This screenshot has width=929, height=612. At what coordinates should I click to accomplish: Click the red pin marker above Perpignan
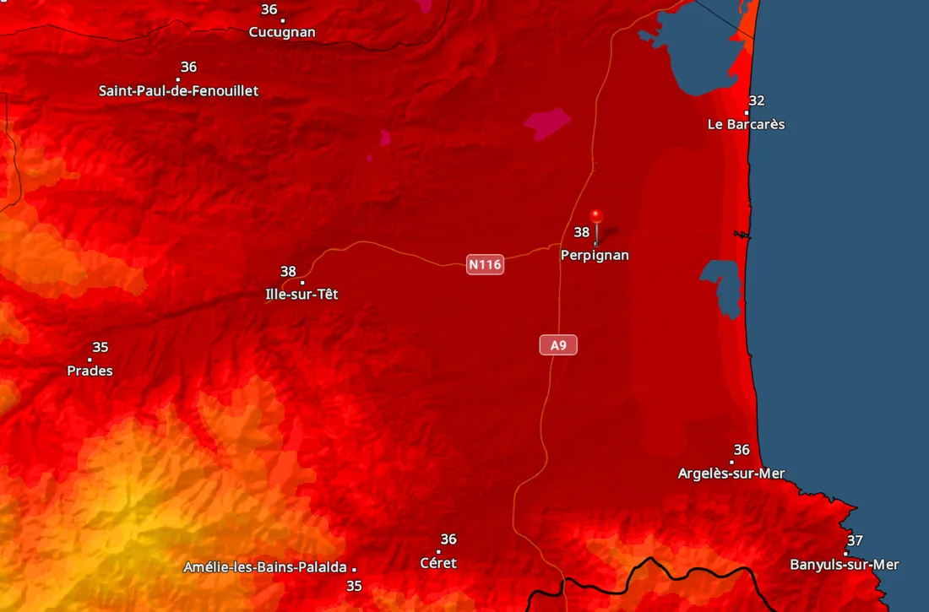coord(596,216)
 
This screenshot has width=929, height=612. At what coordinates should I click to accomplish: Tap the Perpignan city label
coord(595,255)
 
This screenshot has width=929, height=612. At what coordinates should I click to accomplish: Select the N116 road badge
coord(485,265)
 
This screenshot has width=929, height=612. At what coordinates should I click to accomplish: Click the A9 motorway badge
coord(558,344)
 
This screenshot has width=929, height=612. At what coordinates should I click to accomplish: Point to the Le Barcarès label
coord(746,124)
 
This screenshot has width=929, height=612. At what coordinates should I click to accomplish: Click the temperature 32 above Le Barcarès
coord(757,101)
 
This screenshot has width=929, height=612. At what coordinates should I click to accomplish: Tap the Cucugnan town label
coord(282,32)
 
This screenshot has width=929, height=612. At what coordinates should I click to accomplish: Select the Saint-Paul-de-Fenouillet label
coord(179,90)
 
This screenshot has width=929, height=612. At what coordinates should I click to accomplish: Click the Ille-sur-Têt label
coord(302,295)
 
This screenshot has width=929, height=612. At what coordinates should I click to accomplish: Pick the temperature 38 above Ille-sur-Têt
coord(288,272)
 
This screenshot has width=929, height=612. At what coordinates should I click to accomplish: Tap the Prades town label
coord(90,371)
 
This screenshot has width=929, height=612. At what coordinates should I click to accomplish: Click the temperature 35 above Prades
coord(101,348)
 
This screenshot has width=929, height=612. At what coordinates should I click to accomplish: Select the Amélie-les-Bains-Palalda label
coord(265,567)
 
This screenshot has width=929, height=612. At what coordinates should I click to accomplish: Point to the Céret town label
coord(437,563)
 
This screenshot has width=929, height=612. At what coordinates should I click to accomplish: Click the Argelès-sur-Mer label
coord(731,474)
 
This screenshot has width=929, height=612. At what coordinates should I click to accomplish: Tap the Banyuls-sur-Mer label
coord(845,565)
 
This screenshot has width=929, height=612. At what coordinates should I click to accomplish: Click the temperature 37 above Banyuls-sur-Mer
coord(856,540)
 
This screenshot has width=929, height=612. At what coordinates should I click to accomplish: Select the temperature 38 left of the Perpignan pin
coord(582,232)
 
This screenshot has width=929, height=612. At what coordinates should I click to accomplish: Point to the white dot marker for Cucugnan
coord(282,20)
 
